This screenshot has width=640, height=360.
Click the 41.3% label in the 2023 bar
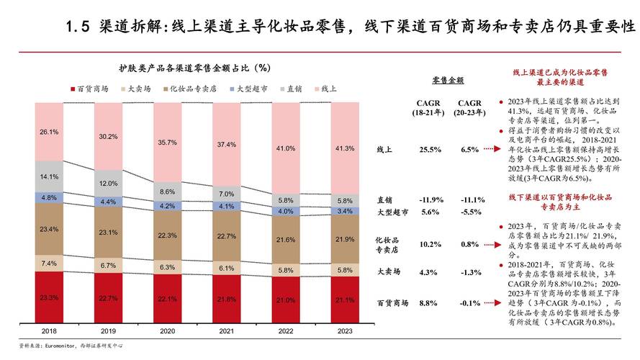[x=345, y=148]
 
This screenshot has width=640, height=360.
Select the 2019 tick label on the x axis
[x=107, y=330]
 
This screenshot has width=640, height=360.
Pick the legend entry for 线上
[x=324, y=89]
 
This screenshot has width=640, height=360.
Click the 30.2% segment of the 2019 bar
[x=108, y=136]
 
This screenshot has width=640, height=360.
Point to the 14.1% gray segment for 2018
[x=49, y=176]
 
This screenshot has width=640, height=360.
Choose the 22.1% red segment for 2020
[x=167, y=299]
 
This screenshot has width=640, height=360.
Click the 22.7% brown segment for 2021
[x=226, y=235]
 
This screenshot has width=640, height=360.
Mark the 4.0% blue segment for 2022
[x=285, y=211]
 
